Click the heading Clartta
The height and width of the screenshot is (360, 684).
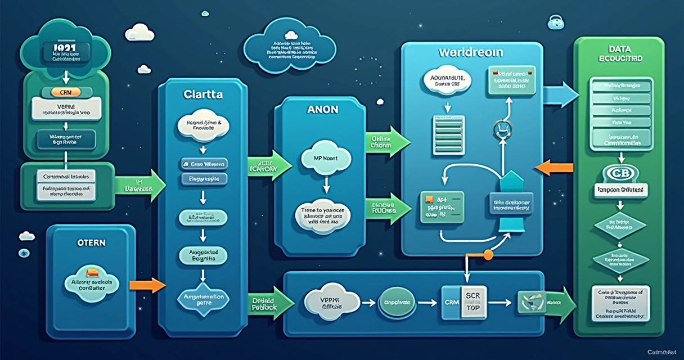pos(203,95)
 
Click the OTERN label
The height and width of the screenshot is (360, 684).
pos(91,242)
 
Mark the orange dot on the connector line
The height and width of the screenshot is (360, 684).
pos(488,255)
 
